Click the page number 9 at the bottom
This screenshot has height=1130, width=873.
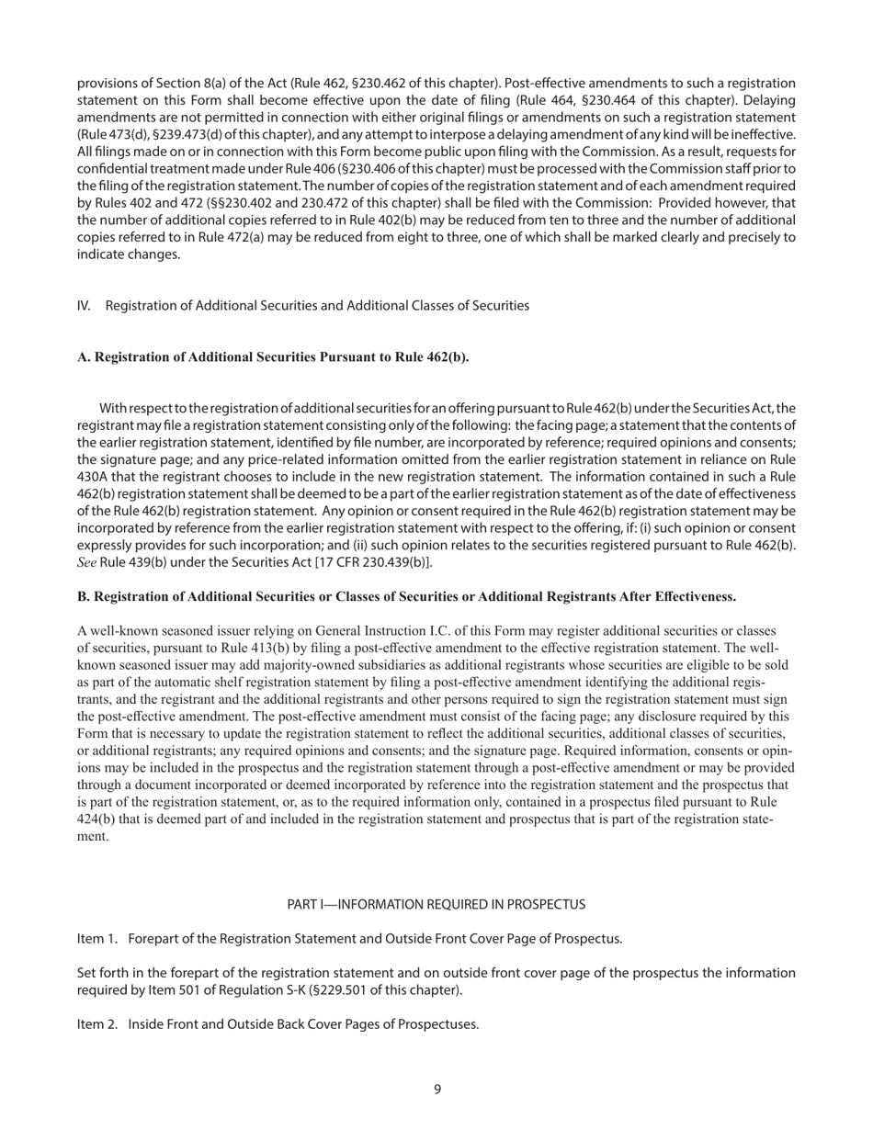point(437,1090)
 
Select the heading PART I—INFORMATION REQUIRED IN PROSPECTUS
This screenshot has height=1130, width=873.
point(436,904)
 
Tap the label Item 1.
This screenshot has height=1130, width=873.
point(98,938)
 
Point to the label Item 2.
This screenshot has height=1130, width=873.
point(98,1024)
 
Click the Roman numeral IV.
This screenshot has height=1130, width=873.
point(84,305)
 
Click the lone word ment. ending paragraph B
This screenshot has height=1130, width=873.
point(93,837)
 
